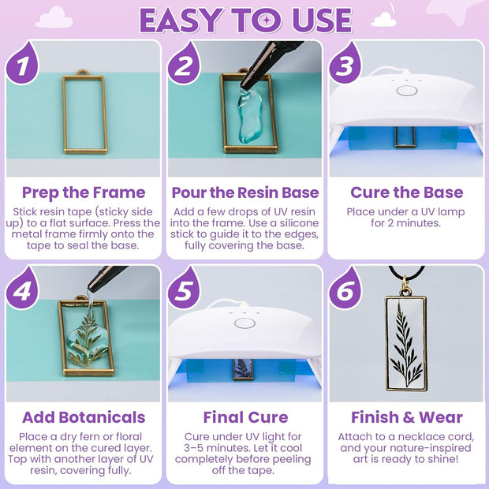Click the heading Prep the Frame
84,192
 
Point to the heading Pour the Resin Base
244,192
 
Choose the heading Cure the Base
405,192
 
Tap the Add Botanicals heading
84,417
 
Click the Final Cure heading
244,417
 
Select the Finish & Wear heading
405,417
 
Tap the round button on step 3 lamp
406,90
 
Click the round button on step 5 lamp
245,323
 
